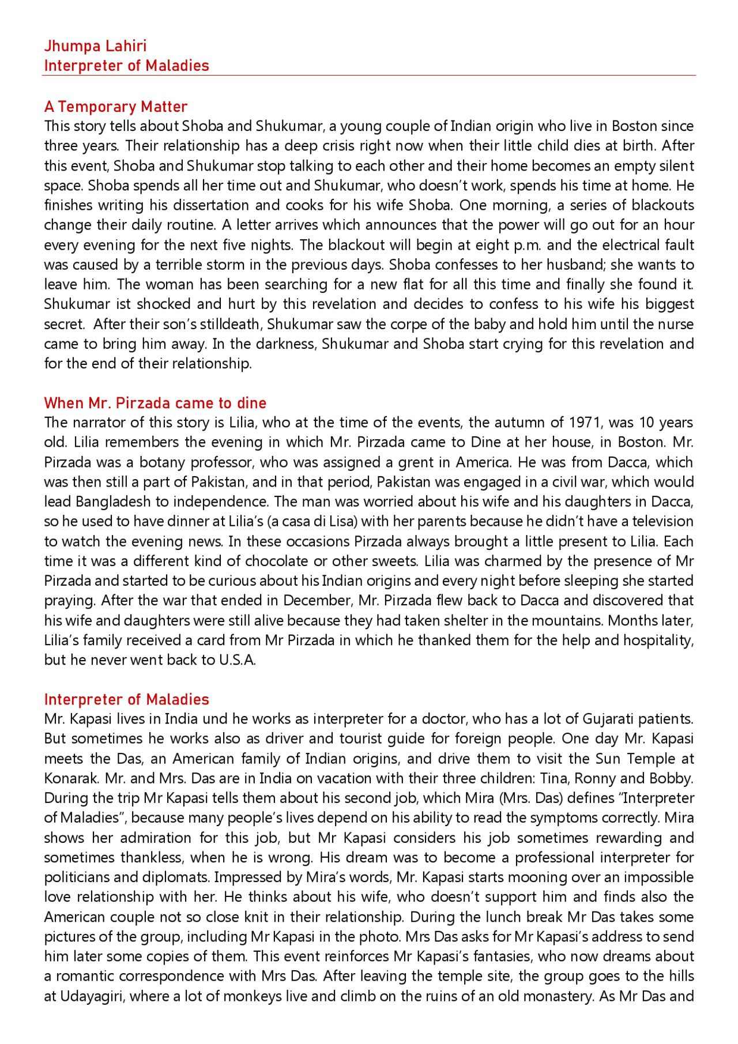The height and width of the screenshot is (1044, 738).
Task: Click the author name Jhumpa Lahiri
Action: (x=95, y=46)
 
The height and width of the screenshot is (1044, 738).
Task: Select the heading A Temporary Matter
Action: (x=116, y=107)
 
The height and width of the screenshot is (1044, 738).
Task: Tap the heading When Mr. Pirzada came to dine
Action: (x=155, y=403)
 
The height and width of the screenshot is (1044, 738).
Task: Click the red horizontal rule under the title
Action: (x=369, y=75)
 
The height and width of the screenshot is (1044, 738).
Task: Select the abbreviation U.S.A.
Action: (x=237, y=660)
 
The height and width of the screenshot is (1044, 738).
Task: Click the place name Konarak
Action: (x=71, y=778)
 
